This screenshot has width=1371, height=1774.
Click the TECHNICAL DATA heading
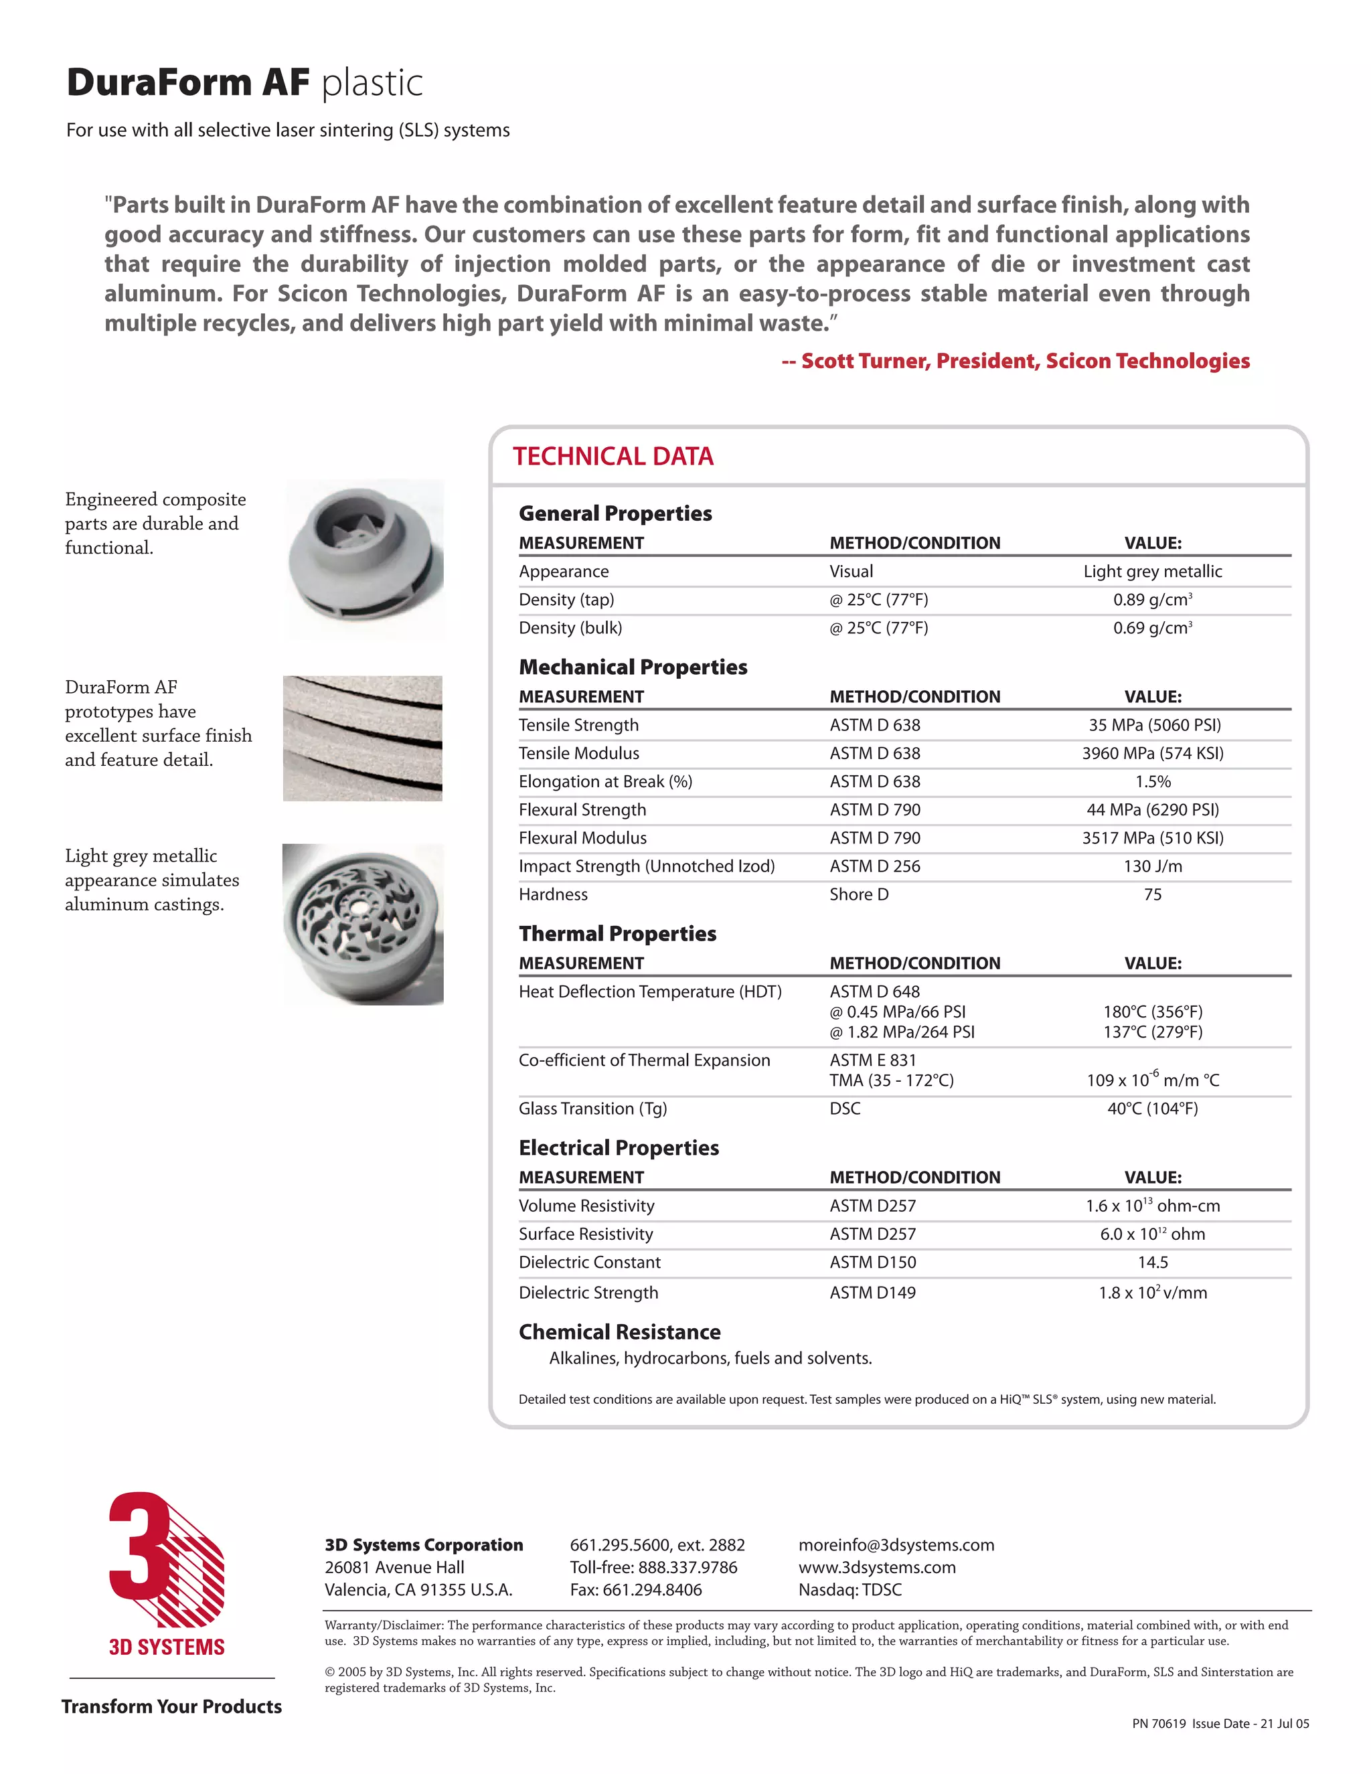tap(613, 457)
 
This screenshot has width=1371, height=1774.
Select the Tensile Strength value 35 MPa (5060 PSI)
tap(1153, 726)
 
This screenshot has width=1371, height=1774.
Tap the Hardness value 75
tap(1153, 894)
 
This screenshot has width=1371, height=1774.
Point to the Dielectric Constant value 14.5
tap(1153, 1263)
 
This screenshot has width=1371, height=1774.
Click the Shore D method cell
tap(858, 894)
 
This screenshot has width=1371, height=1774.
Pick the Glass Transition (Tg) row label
tap(592, 1109)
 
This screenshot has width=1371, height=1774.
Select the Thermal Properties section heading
tap(617, 934)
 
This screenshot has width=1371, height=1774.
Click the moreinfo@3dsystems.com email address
tap(896, 1545)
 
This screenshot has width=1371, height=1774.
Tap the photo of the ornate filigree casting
tap(363, 924)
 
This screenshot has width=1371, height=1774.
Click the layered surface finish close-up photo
tap(363, 738)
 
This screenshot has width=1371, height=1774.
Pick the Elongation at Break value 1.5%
tap(1153, 782)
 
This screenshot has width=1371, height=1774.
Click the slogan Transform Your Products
tap(171, 1706)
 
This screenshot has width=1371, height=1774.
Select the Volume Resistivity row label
tap(586, 1206)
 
